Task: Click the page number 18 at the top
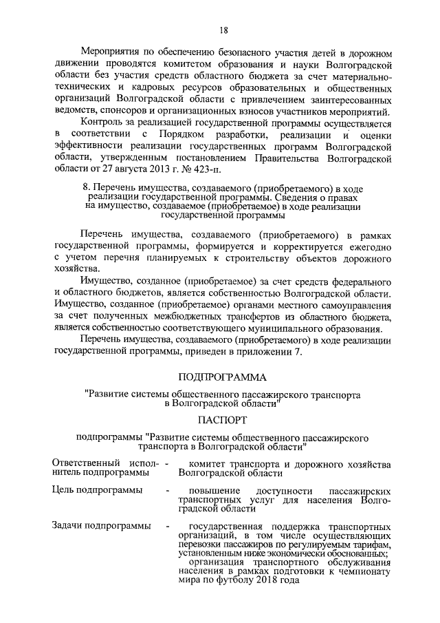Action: (x=223, y=30)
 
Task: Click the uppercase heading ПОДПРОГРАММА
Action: (x=223, y=377)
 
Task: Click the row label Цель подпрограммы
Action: (x=98, y=490)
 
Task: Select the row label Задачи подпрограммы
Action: (x=102, y=526)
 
